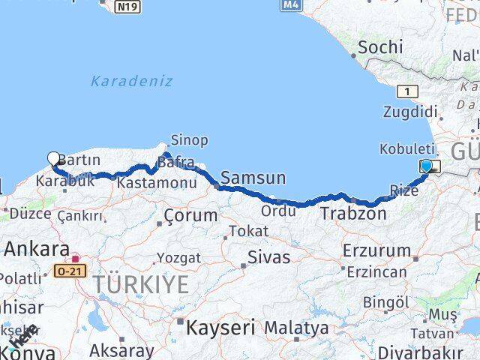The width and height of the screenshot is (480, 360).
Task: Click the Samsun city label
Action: click(x=253, y=178)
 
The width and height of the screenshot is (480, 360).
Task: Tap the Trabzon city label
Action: click(x=353, y=214)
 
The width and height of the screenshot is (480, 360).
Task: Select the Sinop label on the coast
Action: click(x=189, y=140)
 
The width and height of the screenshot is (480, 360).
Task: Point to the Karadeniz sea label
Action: click(x=131, y=81)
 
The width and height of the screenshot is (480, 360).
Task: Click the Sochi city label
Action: click(x=375, y=47)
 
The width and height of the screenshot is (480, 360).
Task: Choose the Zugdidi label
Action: click(x=409, y=112)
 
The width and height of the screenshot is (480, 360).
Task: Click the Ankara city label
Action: click(x=37, y=250)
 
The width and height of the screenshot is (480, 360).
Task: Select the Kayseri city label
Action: click(x=220, y=328)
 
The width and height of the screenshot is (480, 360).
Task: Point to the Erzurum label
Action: click(x=376, y=250)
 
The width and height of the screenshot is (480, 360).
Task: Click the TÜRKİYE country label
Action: click(x=141, y=285)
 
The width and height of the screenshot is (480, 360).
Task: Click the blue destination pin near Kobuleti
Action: click(x=427, y=166)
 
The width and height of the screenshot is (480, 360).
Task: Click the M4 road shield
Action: click(x=292, y=4)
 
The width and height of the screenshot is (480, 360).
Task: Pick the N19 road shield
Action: click(x=127, y=7)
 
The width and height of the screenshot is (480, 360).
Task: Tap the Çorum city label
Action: click(x=190, y=216)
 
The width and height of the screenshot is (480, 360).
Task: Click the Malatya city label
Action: click(x=296, y=328)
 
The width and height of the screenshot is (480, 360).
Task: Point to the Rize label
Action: click(x=404, y=190)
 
